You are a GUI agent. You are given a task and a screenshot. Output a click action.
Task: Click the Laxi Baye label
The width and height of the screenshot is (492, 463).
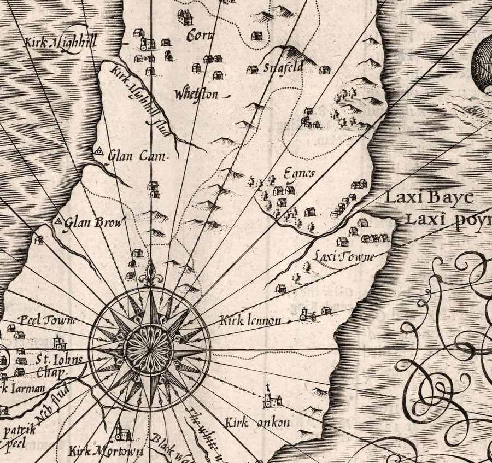(427, 198)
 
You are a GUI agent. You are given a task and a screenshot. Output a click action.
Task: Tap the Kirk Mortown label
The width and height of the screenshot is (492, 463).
(106, 452)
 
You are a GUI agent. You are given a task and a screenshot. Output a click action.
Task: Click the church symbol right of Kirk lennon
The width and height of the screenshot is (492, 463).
(304, 314)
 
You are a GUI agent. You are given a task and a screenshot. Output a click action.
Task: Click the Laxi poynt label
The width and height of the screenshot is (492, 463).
(448, 220)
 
